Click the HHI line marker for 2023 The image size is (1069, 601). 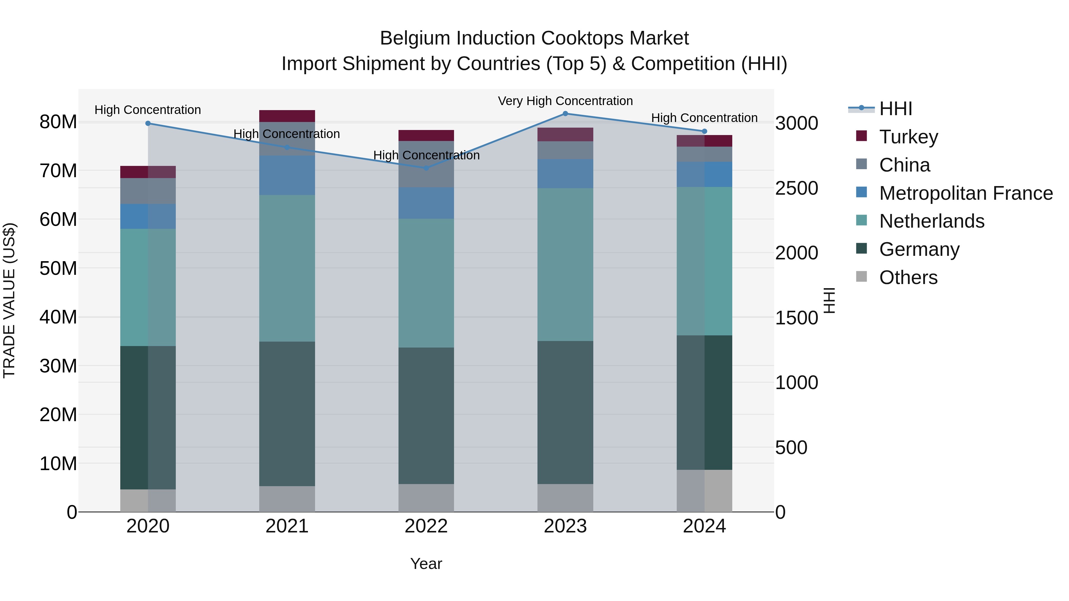(x=565, y=114)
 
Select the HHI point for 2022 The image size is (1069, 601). (x=426, y=168)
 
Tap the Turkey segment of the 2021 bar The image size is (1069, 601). (x=287, y=116)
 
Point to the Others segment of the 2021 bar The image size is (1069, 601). (x=287, y=499)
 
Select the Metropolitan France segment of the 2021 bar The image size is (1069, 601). (x=287, y=175)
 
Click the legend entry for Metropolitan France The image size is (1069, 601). (x=965, y=193)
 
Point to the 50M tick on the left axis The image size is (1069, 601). (x=58, y=268)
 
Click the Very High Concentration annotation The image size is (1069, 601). (x=565, y=101)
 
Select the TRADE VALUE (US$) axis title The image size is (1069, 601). (x=9, y=300)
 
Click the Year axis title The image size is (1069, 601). (x=426, y=564)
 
